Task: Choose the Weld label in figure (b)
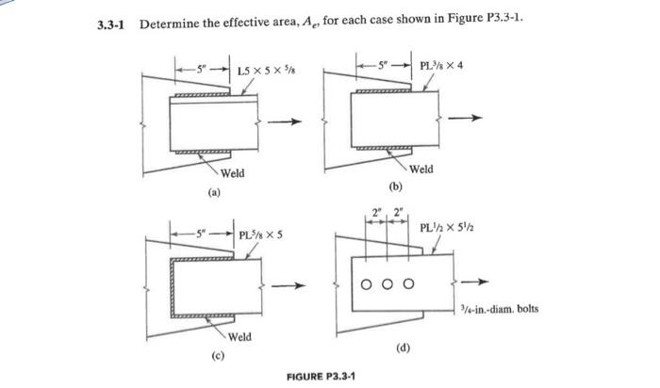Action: (421, 169)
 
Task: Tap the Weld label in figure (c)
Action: (239, 336)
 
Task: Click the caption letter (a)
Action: (217, 196)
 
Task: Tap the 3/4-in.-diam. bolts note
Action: (499, 307)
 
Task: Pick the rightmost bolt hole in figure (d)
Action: (409, 282)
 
